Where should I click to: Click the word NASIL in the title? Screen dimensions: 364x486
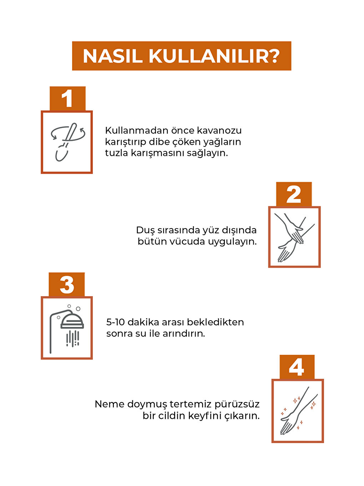(112, 56)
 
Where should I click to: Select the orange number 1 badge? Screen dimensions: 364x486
(68, 99)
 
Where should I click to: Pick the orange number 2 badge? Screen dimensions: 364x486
(294, 194)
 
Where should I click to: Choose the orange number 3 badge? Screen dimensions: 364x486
(67, 284)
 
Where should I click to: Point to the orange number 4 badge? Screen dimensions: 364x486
(297, 367)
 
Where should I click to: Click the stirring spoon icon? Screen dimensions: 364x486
(68, 142)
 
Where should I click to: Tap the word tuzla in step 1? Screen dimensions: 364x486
(116, 153)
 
